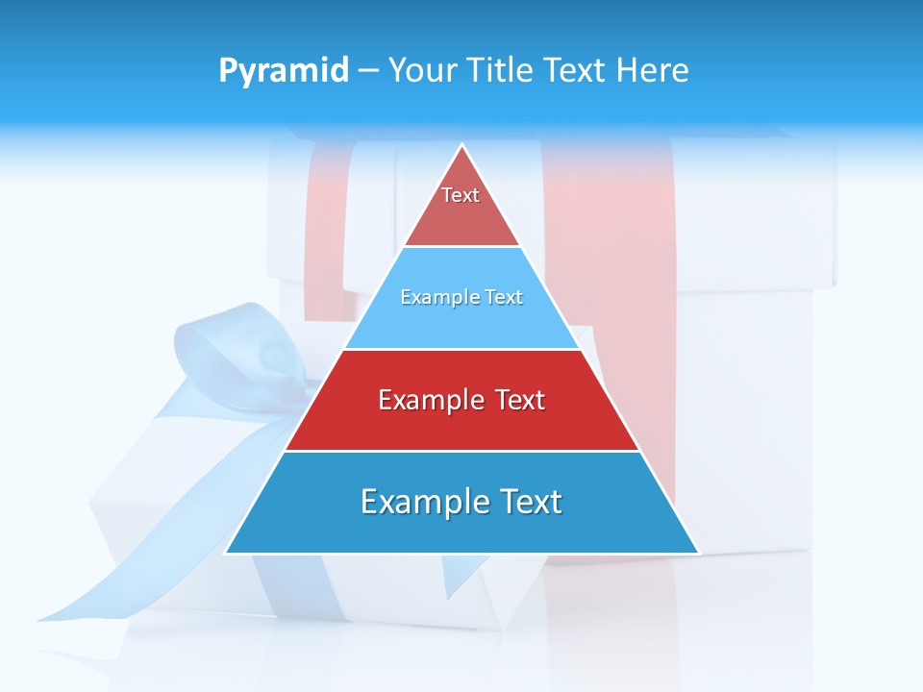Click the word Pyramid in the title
pyautogui.click(x=284, y=71)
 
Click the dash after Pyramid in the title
pyautogui.click(x=368, y=71)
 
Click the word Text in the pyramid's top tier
pyautogui.click(x=461, y=195)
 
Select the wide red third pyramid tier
pyautogui.click(x=461, y=423)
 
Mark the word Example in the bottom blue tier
pyautogui.click(x=422, y=502)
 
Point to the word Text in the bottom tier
pyautogui.click(x=527, y=502)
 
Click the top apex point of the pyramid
pyautogui.click(x=462, y=145)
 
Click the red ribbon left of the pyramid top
pyautogui.click(x=325, y=231)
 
